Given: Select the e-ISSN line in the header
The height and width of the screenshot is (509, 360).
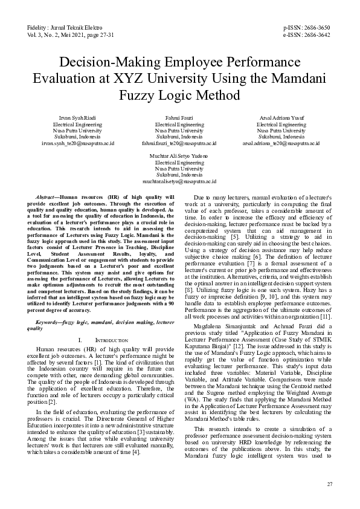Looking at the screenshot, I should pyautogui.click(x=307, y=35).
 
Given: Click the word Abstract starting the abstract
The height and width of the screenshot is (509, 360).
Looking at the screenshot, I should pyautogui.click(x=46, y=198).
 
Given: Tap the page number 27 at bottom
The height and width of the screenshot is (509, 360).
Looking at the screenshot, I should pyautogui.click(x=329, y=484).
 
